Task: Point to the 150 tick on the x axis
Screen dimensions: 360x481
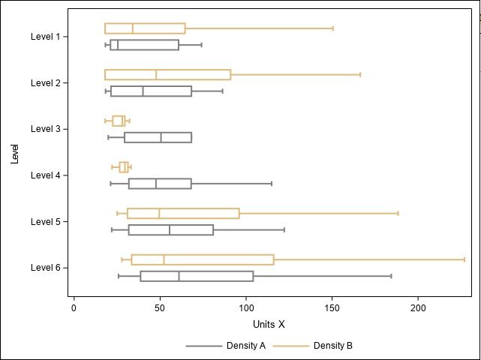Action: coord(332,307)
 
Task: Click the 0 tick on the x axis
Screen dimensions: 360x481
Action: coord(74,307)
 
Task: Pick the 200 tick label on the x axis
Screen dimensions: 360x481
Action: coord(419,307)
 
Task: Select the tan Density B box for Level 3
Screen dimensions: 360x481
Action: coord(119,121)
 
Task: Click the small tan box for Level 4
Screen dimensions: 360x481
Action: coord(124,167)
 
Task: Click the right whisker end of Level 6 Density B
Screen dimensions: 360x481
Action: coord(464,259)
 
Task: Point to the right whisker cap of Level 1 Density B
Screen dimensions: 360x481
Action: coord(332,28)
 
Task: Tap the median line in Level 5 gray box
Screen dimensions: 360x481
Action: coord(170,230)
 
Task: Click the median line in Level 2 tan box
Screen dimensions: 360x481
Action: coord(156,75)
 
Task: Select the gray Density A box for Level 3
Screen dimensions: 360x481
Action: coord(158,137)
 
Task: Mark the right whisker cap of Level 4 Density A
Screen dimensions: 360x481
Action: coord(272,184)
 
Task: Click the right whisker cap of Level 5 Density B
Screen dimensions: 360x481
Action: coord(398,214)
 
